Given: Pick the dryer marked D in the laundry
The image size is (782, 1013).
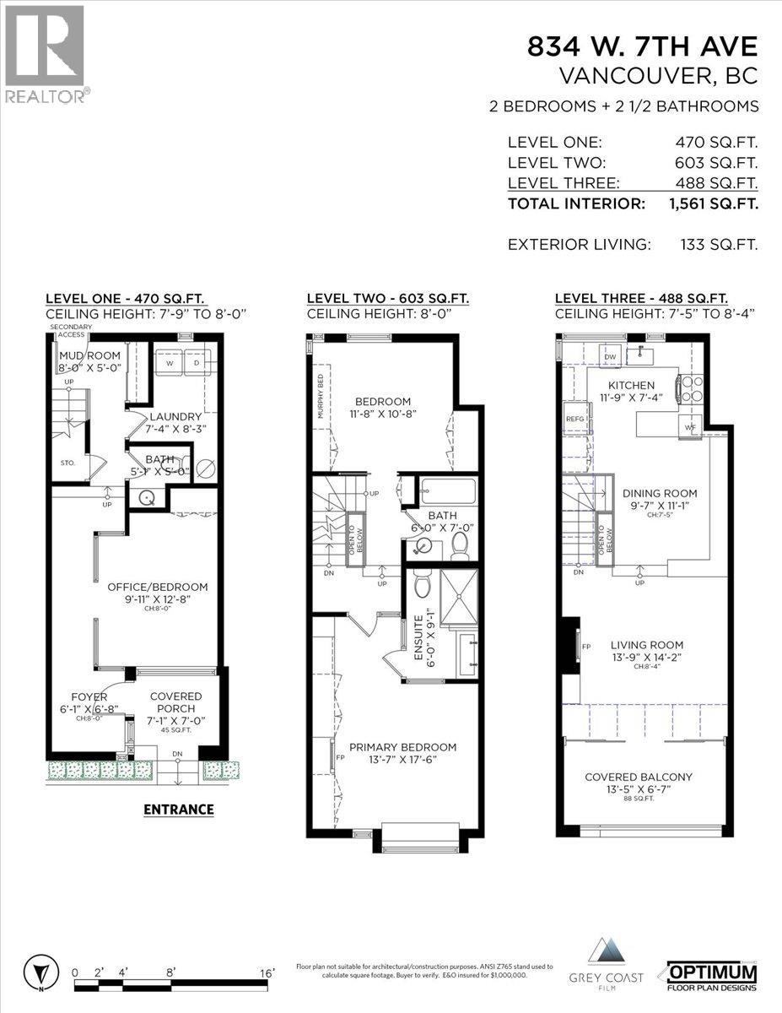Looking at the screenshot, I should tap(197, 364).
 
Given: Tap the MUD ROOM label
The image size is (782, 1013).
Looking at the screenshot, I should tap(89, 355).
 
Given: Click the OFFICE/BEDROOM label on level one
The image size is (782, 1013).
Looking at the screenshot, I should tap(157, 587).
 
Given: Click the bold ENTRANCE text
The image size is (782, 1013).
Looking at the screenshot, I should tap(178, 809).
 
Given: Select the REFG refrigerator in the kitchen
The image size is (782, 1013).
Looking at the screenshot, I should tap(575, 418).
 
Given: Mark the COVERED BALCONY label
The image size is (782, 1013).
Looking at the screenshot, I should tap(643, 777).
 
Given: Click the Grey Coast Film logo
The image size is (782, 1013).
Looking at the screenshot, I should tap(613, 972).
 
